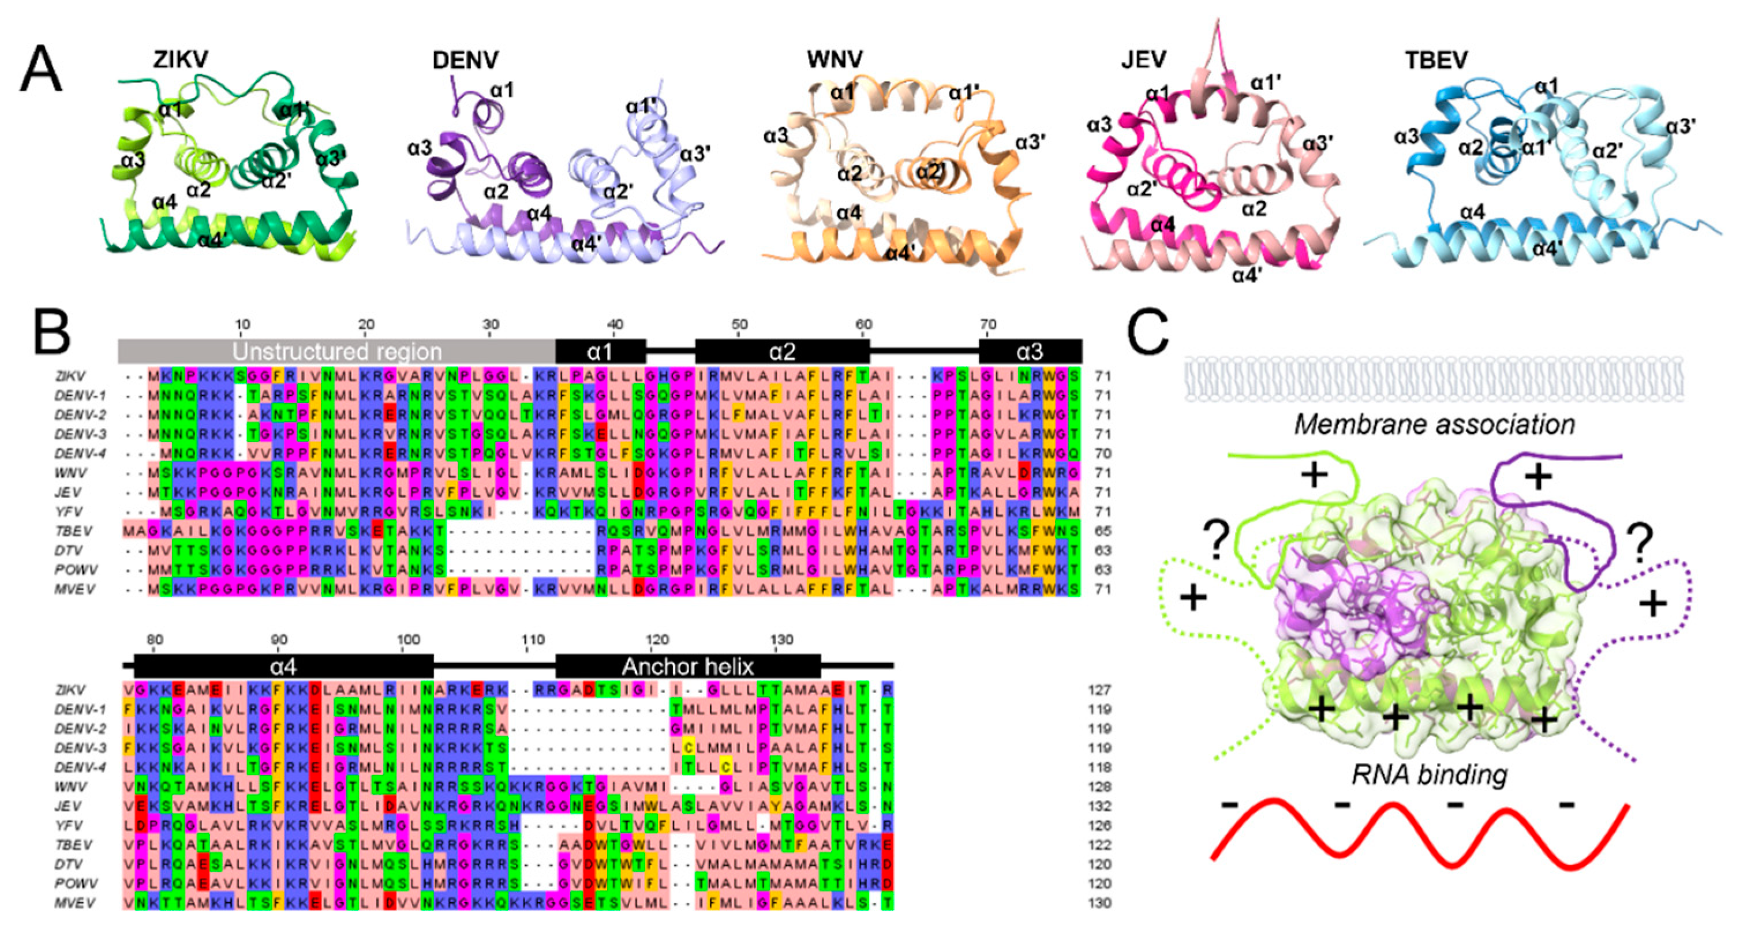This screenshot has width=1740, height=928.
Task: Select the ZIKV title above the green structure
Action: (x=181, y=59)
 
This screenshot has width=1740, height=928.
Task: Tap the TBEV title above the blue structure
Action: (x=1436, y=61)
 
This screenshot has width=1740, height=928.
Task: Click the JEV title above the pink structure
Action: (x=1143, y=59)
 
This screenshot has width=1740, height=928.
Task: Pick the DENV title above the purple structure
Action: (x=465, y=61)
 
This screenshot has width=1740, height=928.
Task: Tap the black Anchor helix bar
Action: (x=687, y=667)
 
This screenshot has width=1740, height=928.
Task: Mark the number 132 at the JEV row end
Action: (x=1099, y=806)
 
